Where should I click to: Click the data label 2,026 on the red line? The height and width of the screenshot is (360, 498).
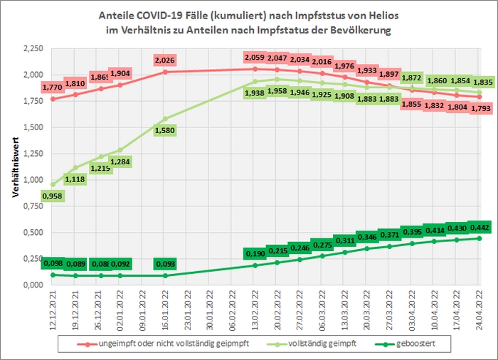tap(165, 60)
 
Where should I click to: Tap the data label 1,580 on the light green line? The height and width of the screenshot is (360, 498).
tap(165, 130)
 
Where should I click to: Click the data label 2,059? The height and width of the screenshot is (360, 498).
tap(254, 57)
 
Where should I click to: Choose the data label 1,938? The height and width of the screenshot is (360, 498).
tap(254, 92)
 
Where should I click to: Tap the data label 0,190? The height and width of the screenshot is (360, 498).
tap(254, 253)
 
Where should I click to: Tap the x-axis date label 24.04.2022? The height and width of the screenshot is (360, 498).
tap(480, 309)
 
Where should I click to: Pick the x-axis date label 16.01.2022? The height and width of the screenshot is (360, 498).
tap(165, 309)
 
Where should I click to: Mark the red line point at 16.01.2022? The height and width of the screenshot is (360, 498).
tap(165, 72)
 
